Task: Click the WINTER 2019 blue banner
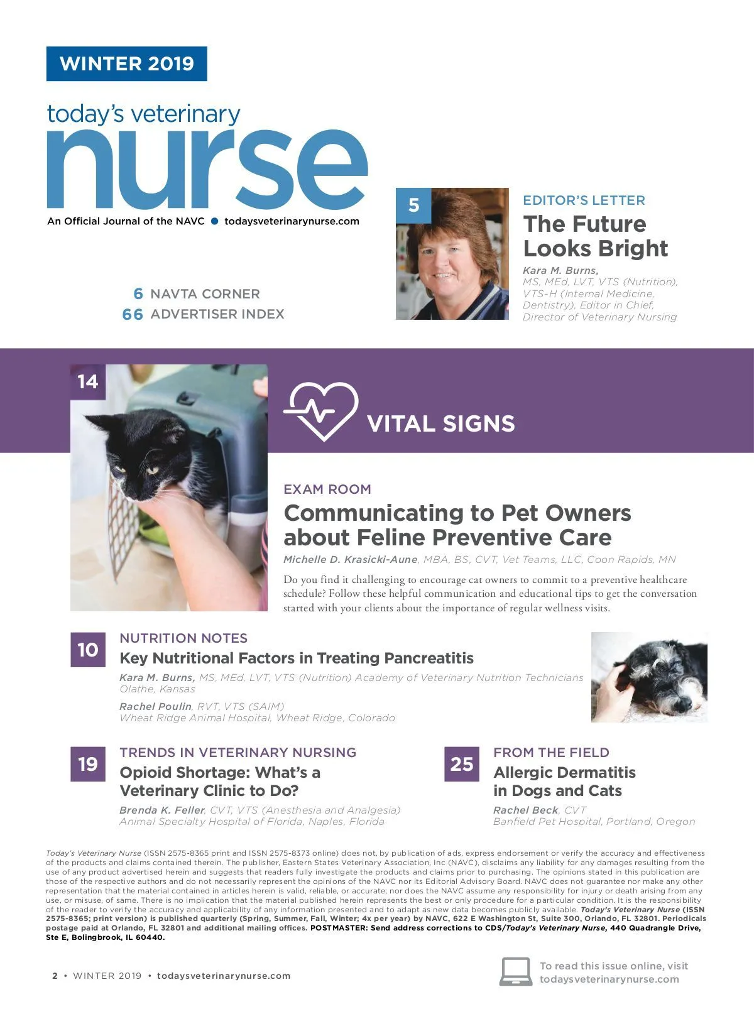point(126,63)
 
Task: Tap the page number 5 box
point(413,205)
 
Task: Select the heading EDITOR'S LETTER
point(584,200)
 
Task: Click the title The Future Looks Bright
point(595,236)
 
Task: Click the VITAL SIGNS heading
point(440,424)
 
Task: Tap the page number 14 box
point(87,382)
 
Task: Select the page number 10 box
point(87,650)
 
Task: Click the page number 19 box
point(87,764)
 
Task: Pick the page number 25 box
point(461,764)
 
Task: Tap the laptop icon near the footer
point(516,972)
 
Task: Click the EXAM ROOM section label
point(327,489)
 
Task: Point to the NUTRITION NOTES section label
point(183,638)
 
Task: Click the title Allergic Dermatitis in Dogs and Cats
point(564,782)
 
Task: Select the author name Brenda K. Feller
point(162,810)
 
